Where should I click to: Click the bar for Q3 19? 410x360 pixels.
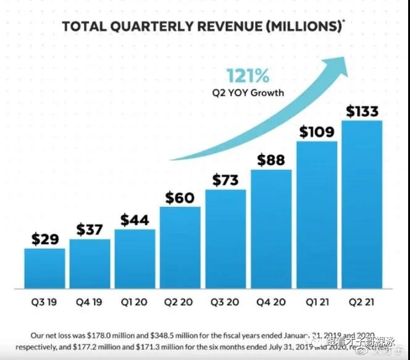pyautogui.click(x=44, y=268)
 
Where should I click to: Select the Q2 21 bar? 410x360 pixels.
pyautogui.click(x=362, y=204)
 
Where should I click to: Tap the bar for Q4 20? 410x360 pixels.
pyautogui.click(x=271, y=228)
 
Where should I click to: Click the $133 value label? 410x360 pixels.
pyautogui.click(x=362, y=112)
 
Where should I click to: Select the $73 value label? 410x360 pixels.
pyautogui.click(x=225, y=180)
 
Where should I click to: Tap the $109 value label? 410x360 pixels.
pyautogui.click(x=317, y=132)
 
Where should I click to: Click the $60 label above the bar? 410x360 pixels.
pyautogui.click(x=180, y=198)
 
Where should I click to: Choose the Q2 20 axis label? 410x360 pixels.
pyautogui.click(x=180, y=303)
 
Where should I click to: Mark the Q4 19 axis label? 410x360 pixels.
pyautogui.click(x=90, y=303)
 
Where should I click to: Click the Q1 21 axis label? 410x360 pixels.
pyautogui.click(x=317, y=303)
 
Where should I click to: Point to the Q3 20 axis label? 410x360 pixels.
pyautogui.click(x=225, y=303)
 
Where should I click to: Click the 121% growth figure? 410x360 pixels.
pyautogui.click(x=248, y=77)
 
